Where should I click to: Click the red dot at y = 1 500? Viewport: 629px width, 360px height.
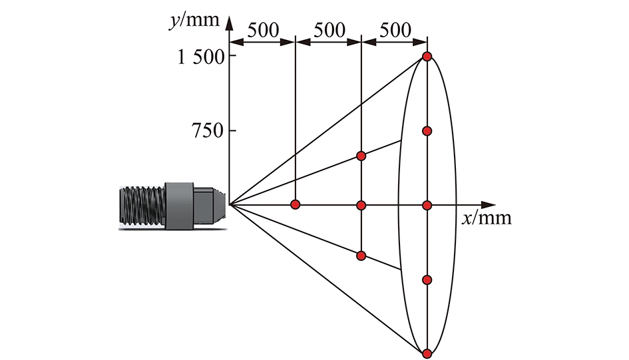(x=427, y=57)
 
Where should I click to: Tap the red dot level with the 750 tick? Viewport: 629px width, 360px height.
(x=427, y=131)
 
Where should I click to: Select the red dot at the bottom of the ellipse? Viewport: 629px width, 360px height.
(x=427, y=353)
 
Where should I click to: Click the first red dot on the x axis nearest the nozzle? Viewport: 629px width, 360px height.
(x=296, y=205)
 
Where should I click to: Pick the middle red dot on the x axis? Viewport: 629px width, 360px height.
(x=361, y=205)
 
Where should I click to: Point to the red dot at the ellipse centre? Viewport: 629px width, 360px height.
(x=427, y=205)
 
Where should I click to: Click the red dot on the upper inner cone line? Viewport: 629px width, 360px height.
(x=361, y=156)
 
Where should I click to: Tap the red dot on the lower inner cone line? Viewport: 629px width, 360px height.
(x=361, y=256)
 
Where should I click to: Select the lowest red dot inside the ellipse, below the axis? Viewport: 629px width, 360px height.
(x=427, y=279)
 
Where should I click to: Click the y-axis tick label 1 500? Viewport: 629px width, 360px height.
(x=201, y=57)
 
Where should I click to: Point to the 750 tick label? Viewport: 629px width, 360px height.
(x=208, y=130)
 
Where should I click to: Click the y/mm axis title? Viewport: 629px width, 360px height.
(x=194, y=21)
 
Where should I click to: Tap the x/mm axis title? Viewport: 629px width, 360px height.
(x=487, y=218)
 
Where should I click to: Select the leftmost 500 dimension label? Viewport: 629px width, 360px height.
(x=263, y=31)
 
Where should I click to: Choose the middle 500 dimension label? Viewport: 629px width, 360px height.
(x=329, y=31)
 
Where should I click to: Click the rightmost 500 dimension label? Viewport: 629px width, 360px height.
(x=395, y=31)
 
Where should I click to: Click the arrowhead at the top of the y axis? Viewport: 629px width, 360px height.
(x=230, y=23)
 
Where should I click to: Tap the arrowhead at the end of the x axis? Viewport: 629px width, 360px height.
(x=489, y=205)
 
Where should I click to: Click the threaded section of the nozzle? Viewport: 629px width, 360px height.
(x=142, y=205)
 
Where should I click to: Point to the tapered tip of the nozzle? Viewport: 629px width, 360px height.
(x=220, y=205)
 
